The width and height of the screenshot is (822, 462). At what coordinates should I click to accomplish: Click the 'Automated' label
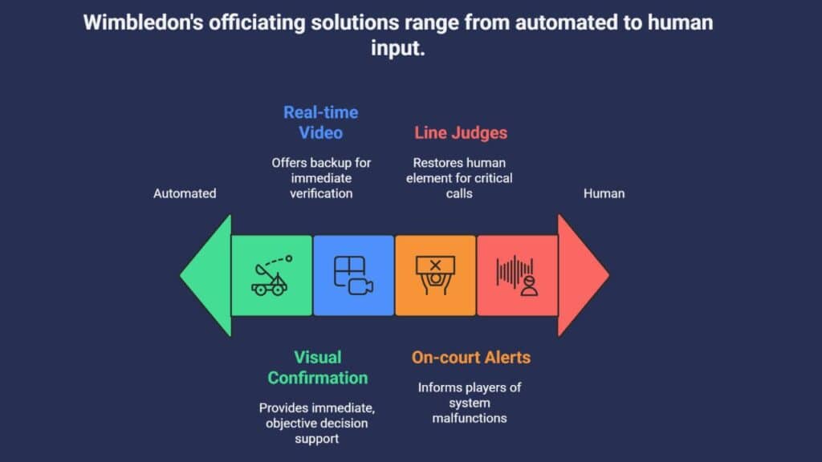pos(185,193)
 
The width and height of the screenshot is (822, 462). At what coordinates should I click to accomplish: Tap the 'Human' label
pos(604,193)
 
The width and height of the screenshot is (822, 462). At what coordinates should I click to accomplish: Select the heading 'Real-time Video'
pos(320,122)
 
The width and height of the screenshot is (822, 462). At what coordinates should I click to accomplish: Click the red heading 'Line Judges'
pos(460,133)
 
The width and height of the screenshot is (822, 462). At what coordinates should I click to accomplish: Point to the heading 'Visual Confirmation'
pos(317,367)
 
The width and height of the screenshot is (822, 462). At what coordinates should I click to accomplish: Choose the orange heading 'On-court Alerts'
pos(471,358)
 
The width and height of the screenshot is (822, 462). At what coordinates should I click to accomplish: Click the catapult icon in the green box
pos(271,275)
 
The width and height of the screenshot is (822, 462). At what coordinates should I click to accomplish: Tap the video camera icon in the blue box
pos(353,275)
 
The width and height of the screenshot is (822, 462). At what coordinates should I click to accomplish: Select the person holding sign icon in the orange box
pos(435,275)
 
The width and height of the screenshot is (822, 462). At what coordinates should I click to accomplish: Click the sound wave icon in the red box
pos(517,275)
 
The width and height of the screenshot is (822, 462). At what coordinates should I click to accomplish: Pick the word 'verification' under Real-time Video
pos(320,192)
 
